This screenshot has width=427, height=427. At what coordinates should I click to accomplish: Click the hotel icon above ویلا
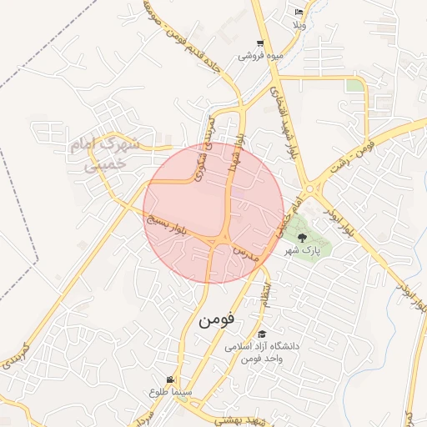pos(299,13)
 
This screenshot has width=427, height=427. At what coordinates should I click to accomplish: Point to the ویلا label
pos(299,25)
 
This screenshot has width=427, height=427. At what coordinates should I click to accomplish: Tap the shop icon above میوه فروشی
pos(260,44)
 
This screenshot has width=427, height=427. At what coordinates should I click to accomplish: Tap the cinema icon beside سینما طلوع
pos(171,379)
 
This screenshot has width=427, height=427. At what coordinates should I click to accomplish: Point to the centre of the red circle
pos(213,213)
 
